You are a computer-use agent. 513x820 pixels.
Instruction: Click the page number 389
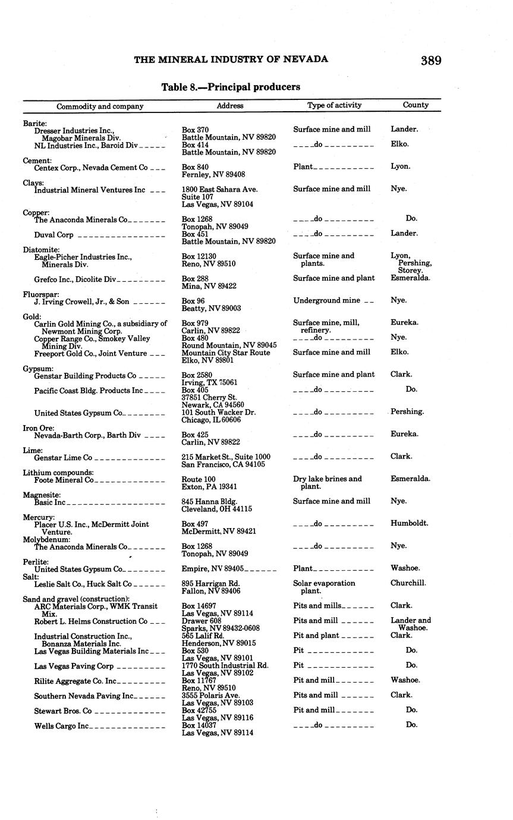(x=431, y=60)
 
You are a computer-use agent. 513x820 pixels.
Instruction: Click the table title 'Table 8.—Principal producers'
(x=231, y=87)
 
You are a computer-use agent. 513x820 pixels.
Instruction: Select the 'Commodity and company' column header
(x=100, y=106)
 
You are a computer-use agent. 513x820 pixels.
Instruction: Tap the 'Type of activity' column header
(x=334, y=105)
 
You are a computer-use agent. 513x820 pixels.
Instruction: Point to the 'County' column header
(x=416, y=105)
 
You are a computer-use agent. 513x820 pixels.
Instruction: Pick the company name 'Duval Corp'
(x=53, y=235)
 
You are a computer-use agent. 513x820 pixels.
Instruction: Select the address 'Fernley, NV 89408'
(x=213, y=175)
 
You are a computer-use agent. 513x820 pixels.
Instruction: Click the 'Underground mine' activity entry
(x=326, y=301)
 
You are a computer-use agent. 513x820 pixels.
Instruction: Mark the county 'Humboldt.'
(x=409, y=524)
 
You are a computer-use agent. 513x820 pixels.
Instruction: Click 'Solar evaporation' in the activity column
(x=324, y=583)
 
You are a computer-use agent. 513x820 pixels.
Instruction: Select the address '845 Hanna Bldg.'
(x=208, y=501)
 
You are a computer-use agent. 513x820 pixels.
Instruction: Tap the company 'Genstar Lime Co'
(x=63, y=457)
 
